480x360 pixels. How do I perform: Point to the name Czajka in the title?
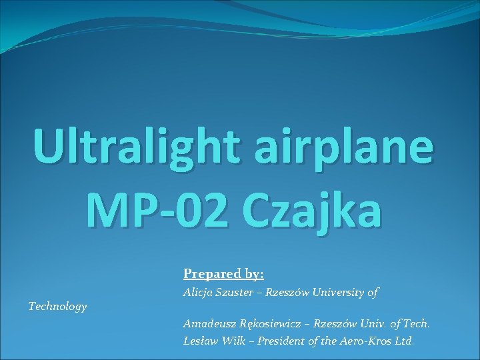[317, 211]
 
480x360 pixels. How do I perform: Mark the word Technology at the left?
[57, 307]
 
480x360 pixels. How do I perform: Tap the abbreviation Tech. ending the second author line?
[417, 324]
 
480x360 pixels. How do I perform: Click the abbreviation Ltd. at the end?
[405, 341]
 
